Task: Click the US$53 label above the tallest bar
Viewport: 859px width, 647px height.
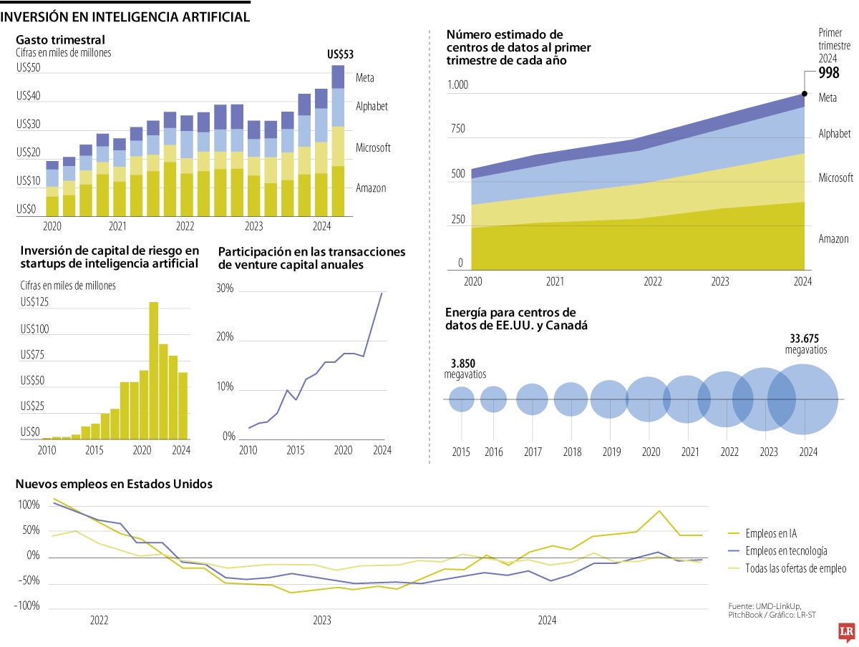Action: click(340, 54)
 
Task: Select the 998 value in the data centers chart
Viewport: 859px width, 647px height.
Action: click(829, 74)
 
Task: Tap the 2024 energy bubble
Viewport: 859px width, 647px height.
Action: click(802, 399)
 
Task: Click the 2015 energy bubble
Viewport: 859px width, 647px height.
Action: click(462, 399)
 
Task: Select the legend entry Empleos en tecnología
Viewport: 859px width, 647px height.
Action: click(785, 550)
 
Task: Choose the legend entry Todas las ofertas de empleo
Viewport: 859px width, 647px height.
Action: click(795, 568)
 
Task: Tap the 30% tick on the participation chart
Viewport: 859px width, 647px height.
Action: click(225, 288)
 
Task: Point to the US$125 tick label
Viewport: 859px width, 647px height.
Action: click(34, 303)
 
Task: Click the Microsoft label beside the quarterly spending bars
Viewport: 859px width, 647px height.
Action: click(373, 148)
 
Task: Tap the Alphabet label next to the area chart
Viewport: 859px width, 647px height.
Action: click(834, 134)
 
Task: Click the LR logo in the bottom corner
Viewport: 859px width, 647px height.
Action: click(848, 632)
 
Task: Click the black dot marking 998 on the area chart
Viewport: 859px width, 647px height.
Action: click(802, 94)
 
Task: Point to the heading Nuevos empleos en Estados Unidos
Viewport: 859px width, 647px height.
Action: click(114, 484)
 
